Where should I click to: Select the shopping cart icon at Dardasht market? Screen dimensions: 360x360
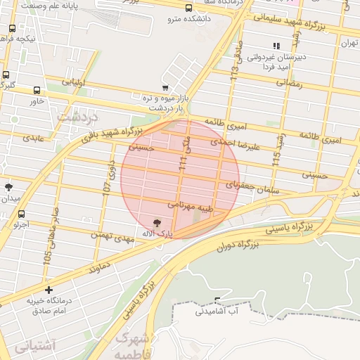pos(165,89)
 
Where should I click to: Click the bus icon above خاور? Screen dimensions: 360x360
pos(37,91)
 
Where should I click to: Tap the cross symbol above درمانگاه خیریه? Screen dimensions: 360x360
pos(48,289)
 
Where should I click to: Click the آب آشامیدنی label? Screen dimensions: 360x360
pos(217,309)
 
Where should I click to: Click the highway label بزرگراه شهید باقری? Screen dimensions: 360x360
pos(110,133)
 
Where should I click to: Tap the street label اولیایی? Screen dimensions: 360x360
pos(73,83)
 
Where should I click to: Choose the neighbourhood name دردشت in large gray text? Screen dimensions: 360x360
pos(76,115)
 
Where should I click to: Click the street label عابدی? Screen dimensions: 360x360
pos(33,138)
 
